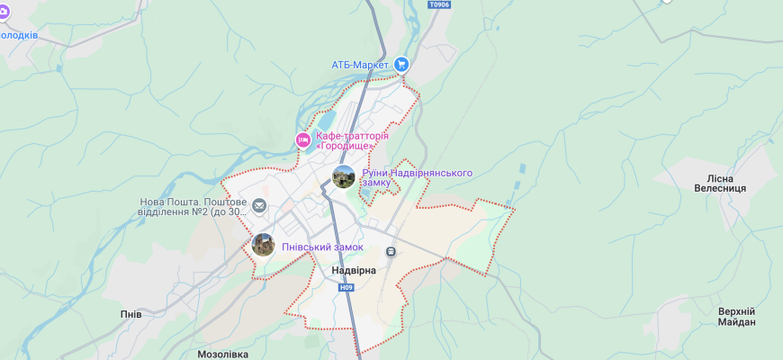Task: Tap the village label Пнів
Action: point(130,314)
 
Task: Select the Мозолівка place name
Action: point(222,354)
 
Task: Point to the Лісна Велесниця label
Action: point(720,184)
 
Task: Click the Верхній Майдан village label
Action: point(736,317)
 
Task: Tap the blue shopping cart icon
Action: point(401,64)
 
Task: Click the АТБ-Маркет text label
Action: point(359,65)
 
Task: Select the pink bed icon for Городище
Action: point(303,140)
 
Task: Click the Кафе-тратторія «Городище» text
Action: point(358,140)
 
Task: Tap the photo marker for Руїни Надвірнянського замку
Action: point(344,176)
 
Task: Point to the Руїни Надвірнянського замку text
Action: point(416,177)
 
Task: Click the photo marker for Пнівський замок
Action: point(263,245)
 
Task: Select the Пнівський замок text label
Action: point(322,247)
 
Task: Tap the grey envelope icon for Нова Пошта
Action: point(259,207)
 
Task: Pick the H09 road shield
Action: point(346,288)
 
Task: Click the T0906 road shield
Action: point(439,4)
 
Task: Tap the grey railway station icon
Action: point(391,251)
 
